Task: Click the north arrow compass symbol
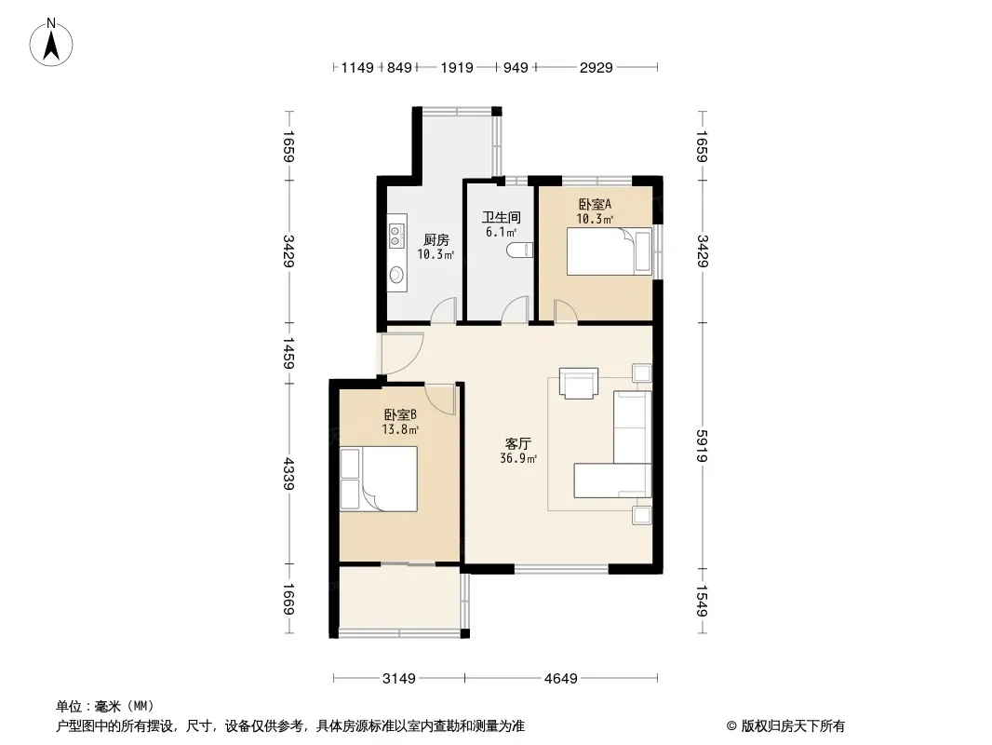point(51,43)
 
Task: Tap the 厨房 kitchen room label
point(436,240)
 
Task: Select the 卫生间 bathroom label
point(501,217)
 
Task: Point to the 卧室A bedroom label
point(595,205)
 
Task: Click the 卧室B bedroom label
point(400,415)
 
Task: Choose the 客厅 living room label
point(518,443)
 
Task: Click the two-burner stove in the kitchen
point(396,235)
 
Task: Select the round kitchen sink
point(396,275)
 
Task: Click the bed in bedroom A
point(610,251)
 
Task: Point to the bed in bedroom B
point(379,479)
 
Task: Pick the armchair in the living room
point(578,384)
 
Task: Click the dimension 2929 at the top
point(596,68)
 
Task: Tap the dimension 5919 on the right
point(702,446)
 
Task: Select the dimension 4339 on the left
point(288,473)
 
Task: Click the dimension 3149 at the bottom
point(399,679)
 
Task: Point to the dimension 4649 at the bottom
point(561,679)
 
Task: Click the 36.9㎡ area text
point(518,458)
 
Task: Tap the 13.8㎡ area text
point(400,430)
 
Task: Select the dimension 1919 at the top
point(457,68)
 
